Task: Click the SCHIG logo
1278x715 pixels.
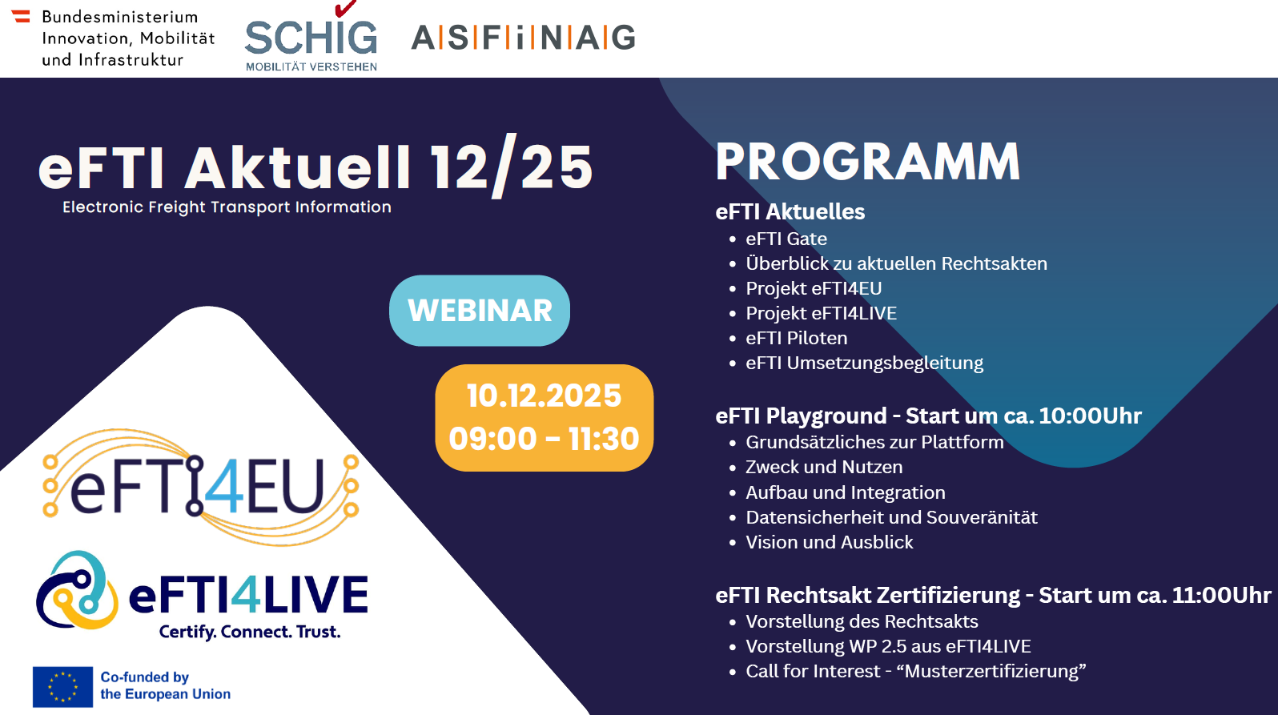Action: point(311,40)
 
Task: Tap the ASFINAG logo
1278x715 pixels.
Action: point(523,38)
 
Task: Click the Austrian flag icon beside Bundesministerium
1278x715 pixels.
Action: point(21,16)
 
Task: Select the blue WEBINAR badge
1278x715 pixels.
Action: point(480,311)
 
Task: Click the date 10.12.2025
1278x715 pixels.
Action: point(544,396)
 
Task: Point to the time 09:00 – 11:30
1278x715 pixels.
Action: point(544,439)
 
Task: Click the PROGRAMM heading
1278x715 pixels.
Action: point(867,162)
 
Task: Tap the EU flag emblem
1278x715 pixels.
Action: point(62,686)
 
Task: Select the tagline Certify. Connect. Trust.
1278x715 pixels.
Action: point(250,632)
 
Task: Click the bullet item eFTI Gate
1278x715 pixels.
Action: point(786,239)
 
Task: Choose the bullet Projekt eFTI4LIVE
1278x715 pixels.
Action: point(821,313)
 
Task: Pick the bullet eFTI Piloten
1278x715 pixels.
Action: point(796,338)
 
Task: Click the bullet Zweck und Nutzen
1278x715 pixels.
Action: point(823,467)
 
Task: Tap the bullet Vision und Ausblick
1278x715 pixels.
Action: point(829,542)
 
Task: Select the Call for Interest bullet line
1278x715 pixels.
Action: point(915,671)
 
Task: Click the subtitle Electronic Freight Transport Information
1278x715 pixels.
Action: point(227,207)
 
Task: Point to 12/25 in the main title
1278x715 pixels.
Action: point(511,167)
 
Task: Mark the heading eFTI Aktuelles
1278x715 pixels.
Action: point(790,211)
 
